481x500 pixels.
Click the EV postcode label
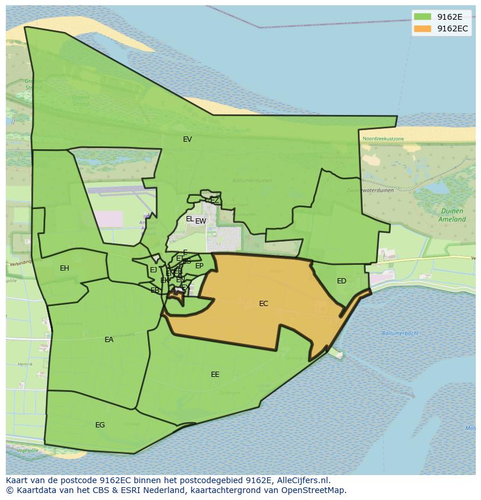coord(187,139)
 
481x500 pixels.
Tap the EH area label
coord(64,268)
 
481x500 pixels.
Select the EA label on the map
coord(109,340)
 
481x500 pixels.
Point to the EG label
coord(100,425)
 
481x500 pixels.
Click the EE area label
coord(215,375)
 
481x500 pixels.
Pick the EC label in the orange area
coord(264,304)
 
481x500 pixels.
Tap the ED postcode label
coord(342,281)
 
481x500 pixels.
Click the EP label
coord(199,266)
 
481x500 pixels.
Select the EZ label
coord(215,200)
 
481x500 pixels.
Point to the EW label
coord(201,221)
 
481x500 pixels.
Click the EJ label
coord(153,270)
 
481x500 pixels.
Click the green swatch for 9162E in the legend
coord(422,17)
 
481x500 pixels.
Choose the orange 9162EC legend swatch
coord(422,28)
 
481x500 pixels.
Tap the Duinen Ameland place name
coord(452,215)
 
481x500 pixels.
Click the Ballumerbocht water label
coord(400,333)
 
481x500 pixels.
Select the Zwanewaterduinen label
coord(370,190)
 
